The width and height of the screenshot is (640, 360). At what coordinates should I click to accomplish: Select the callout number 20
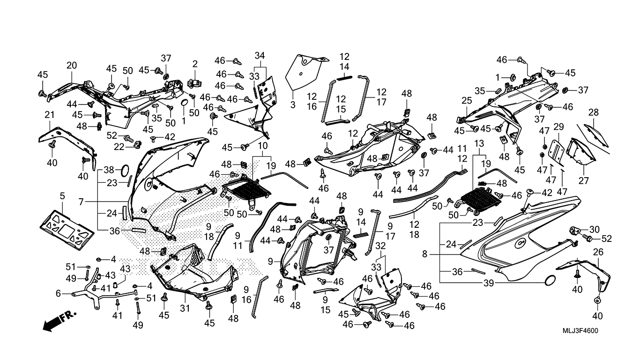pos(71,65)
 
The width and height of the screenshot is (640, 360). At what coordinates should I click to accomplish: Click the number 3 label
pos(293,105)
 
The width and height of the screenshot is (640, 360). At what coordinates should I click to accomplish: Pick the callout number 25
pos(467,100)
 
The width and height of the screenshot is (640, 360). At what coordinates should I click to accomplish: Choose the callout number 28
pos(594,112)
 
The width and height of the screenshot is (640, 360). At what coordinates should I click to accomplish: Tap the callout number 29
pos(558,127)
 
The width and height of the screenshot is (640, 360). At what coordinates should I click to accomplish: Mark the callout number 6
pos(58,293)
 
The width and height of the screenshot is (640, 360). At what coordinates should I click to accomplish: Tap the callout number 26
pos(598,253)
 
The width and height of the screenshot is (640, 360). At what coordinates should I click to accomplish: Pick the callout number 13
pos(479,142)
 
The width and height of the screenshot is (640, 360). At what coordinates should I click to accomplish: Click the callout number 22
pos(119,147)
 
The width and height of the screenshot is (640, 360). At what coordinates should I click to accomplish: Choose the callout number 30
pos(594,229)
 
